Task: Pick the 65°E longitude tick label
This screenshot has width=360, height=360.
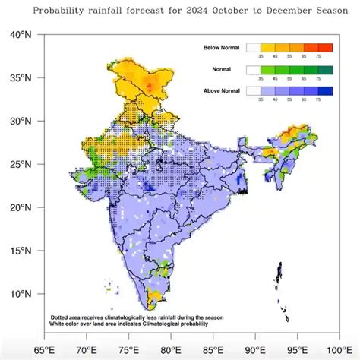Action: [x=45, y=349]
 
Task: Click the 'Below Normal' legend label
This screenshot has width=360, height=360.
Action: [x=222, y=49]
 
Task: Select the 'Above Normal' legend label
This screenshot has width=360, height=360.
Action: [x=222, y=91]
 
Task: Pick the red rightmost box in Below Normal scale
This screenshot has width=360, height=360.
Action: [x=325, y=48]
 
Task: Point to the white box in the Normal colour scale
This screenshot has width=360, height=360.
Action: [x=253, y=69]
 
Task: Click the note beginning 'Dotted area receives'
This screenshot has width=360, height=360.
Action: [x=122, y=317]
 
